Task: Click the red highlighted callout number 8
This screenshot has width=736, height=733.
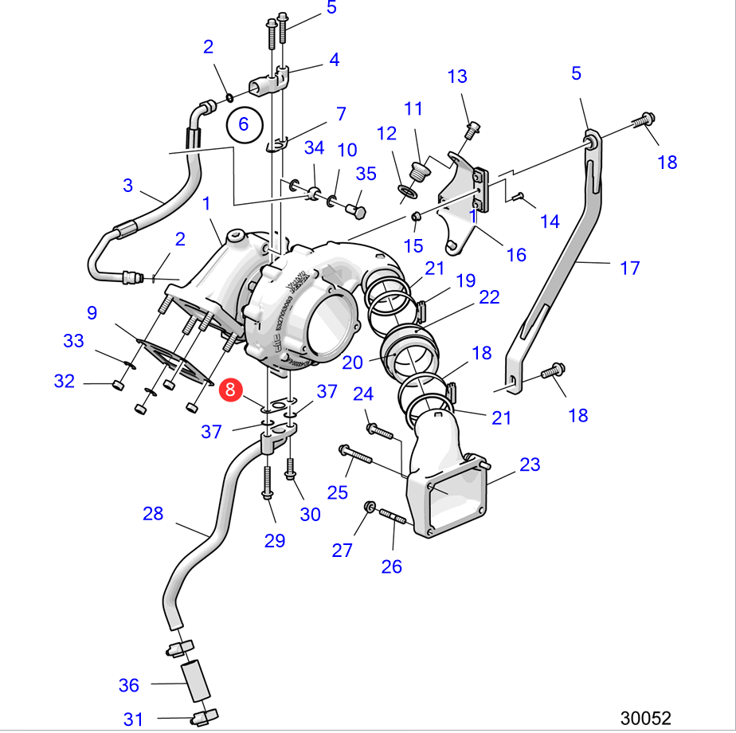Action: point(230,390)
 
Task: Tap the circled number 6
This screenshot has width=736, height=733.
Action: point(244,123)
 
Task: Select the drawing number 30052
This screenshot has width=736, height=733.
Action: point(646,718)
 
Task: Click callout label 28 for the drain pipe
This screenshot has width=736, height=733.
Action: point(153,513)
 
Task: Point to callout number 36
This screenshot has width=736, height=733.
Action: point(129,684)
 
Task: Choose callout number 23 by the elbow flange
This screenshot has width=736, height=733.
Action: point(530,464)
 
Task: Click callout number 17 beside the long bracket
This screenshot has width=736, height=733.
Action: point(629,268)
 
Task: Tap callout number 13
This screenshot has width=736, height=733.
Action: point(457,76)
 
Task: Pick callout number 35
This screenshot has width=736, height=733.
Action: point(366,174)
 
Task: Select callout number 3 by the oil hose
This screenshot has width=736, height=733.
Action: point(128,186)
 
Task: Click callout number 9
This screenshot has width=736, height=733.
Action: point(92,312)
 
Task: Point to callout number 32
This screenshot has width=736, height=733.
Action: point(65,381)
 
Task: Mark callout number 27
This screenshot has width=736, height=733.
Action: point(342,550)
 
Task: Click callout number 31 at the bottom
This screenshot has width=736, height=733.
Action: point(134,719)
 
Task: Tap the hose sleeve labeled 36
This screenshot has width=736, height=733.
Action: point(195,680)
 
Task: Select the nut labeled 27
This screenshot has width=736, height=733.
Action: point(369,507)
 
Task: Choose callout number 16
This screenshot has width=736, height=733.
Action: point(516,254)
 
